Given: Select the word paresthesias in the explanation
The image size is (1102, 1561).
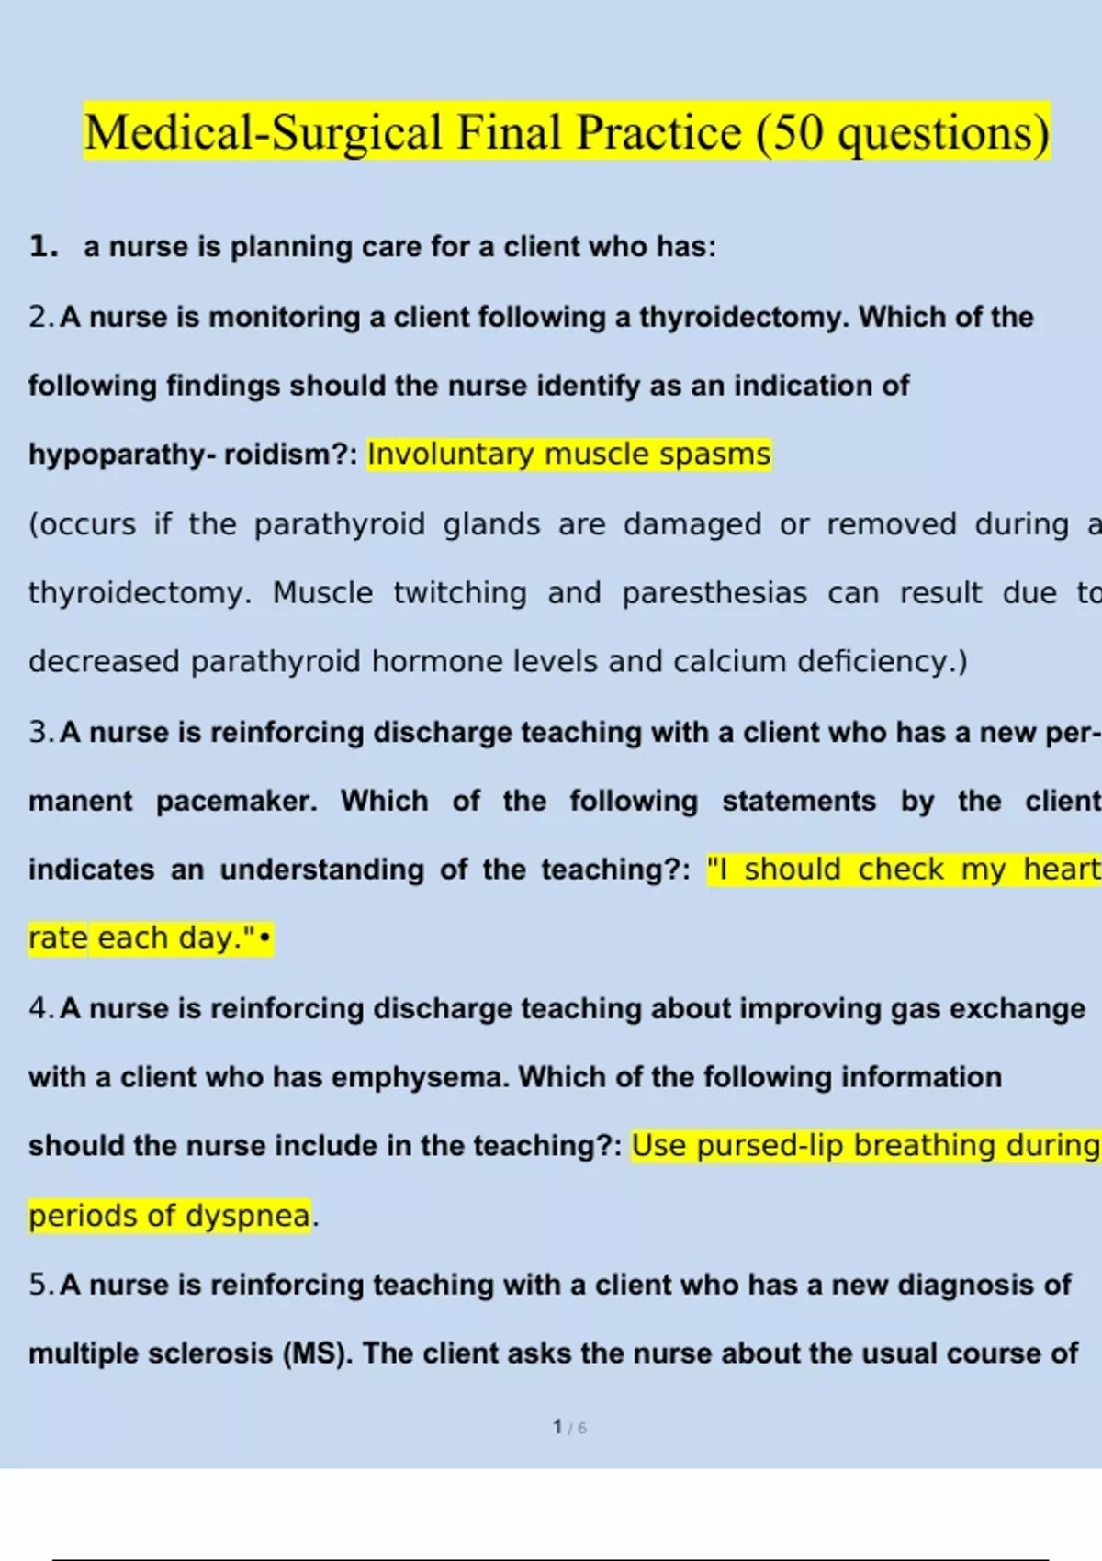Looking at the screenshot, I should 714,593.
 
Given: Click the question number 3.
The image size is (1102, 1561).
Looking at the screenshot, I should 40,732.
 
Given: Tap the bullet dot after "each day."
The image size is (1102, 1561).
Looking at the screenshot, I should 265,939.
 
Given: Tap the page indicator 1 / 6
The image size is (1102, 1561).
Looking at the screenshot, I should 569,1427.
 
